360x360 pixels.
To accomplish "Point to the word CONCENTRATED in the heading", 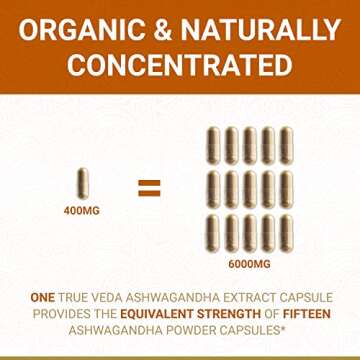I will click(180, 65).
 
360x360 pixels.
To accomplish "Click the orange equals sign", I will click(147, 185).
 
